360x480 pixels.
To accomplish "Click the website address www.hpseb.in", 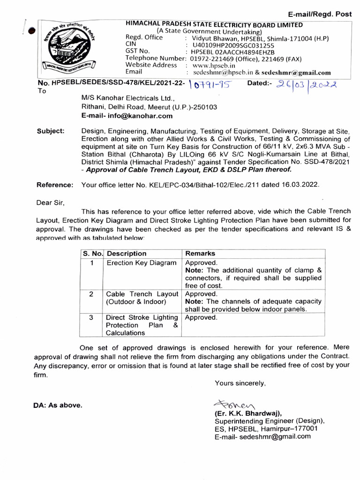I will (211, 66).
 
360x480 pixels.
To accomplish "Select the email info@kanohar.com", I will (120, 116).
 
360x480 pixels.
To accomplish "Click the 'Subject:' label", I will (51, 131).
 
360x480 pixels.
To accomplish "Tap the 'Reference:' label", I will (55, 185).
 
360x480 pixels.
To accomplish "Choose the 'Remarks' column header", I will (200, 254).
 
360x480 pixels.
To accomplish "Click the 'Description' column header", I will (127, 254).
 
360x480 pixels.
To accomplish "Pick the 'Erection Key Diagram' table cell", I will (142, 263).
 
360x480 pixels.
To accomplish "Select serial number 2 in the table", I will (92, 294).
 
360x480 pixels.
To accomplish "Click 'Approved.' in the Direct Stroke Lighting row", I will (202, 317).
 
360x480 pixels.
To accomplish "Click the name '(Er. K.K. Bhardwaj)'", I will (248, 413).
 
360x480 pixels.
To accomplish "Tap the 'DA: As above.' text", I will (57, 405).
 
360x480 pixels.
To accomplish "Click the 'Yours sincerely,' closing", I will (240, 383).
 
